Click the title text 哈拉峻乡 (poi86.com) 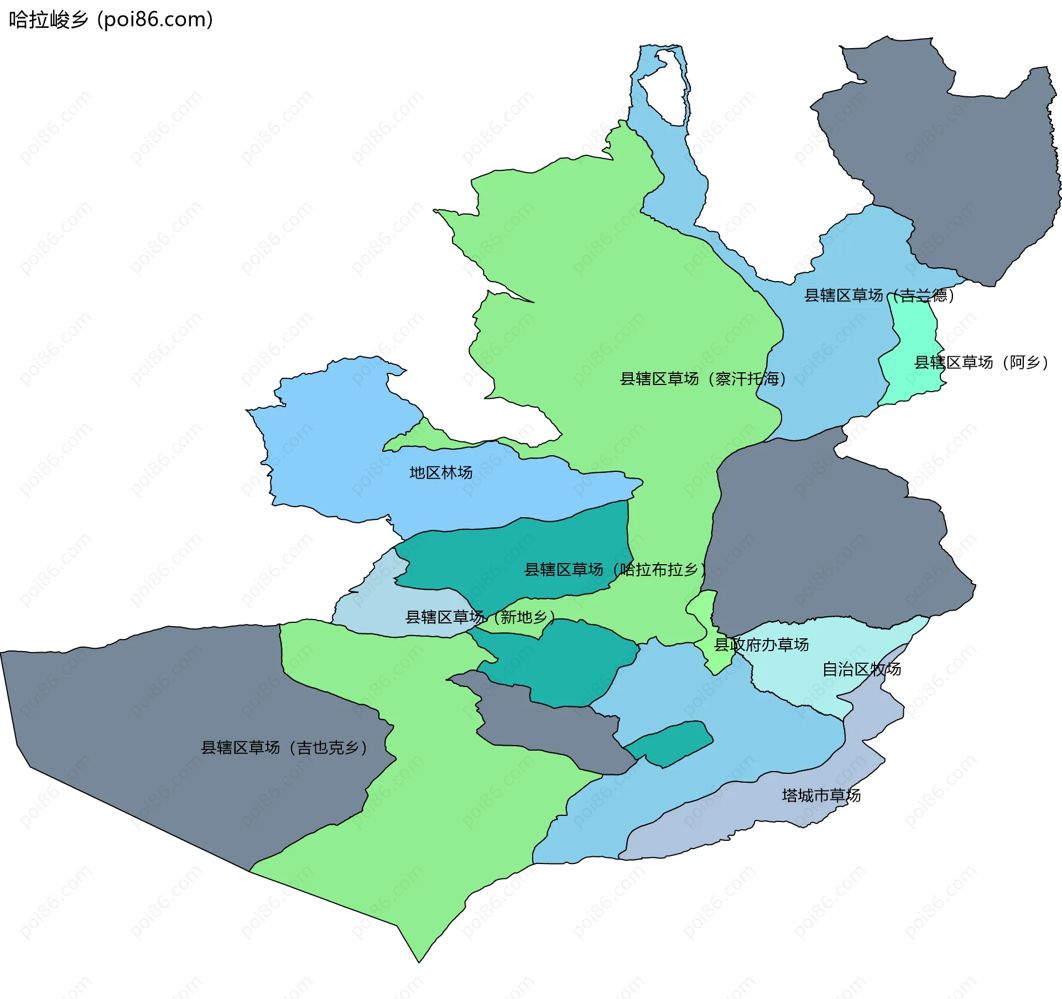click(111, 20)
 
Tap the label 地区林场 click(441, 472)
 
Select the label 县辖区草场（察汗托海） click(702, 379)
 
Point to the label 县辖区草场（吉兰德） click(879, 295)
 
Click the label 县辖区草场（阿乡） click(981, 362)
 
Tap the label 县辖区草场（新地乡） click(480, 617)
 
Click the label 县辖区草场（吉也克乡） click(284, 747)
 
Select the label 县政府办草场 click(761, 644)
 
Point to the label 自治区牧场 click(861, 669)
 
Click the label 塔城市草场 click(821, 795)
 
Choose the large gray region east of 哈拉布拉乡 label click(830, 542)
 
